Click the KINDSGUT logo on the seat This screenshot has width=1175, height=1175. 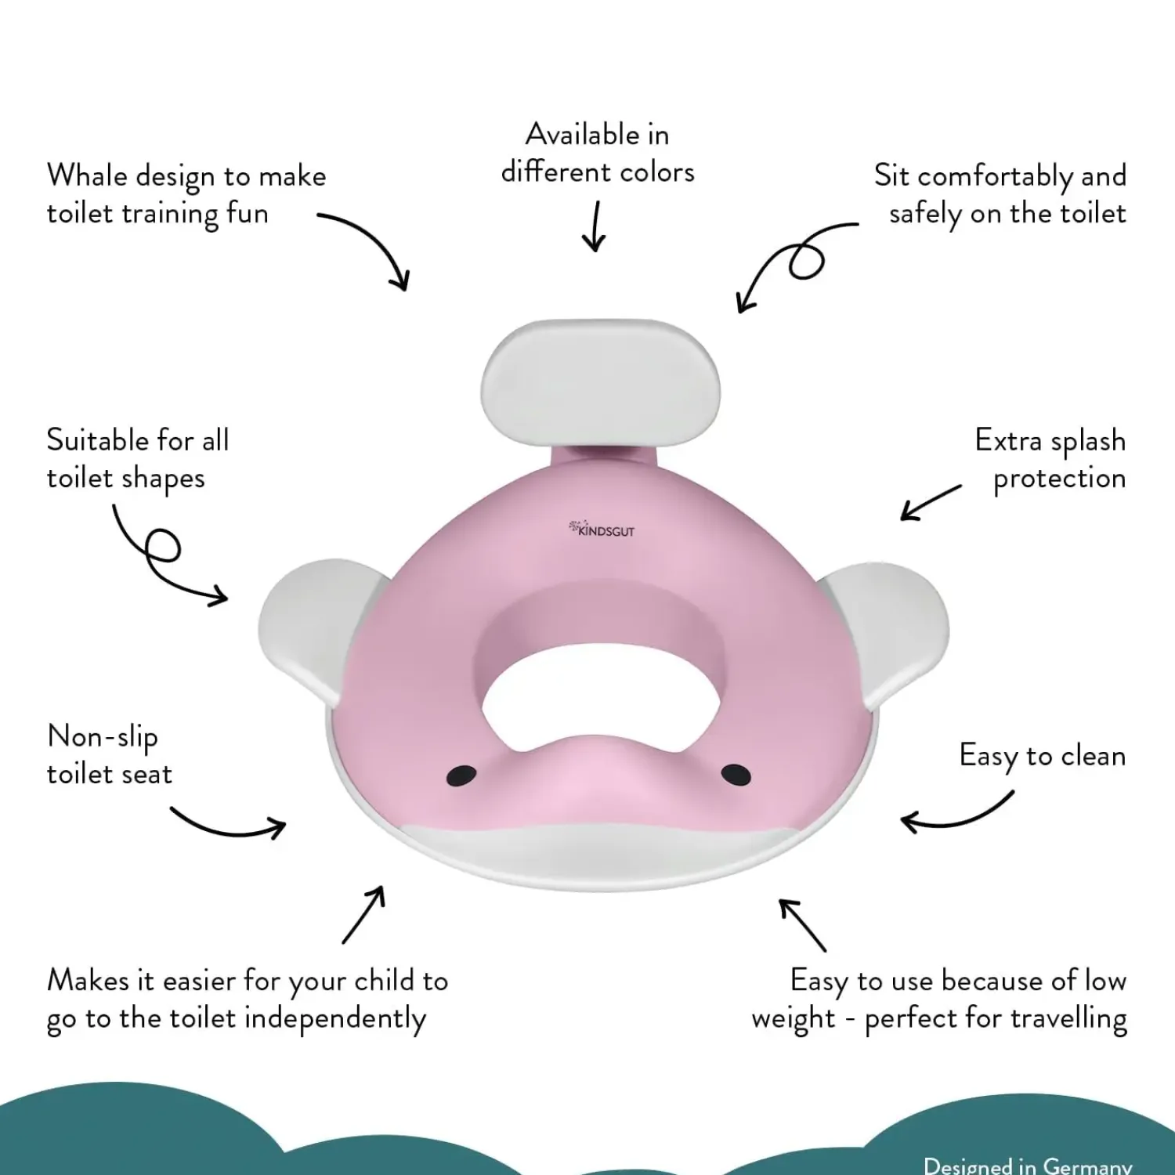pos(602,530)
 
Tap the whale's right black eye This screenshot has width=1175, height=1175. pos(736,775)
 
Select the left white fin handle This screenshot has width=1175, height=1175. pos(309,627)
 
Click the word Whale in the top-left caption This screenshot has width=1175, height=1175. pos(86,175)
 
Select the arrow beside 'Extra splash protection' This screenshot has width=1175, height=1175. pos(930,502)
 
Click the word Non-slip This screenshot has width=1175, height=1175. pos(103,737)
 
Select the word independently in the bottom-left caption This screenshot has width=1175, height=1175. pos(335,1019)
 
